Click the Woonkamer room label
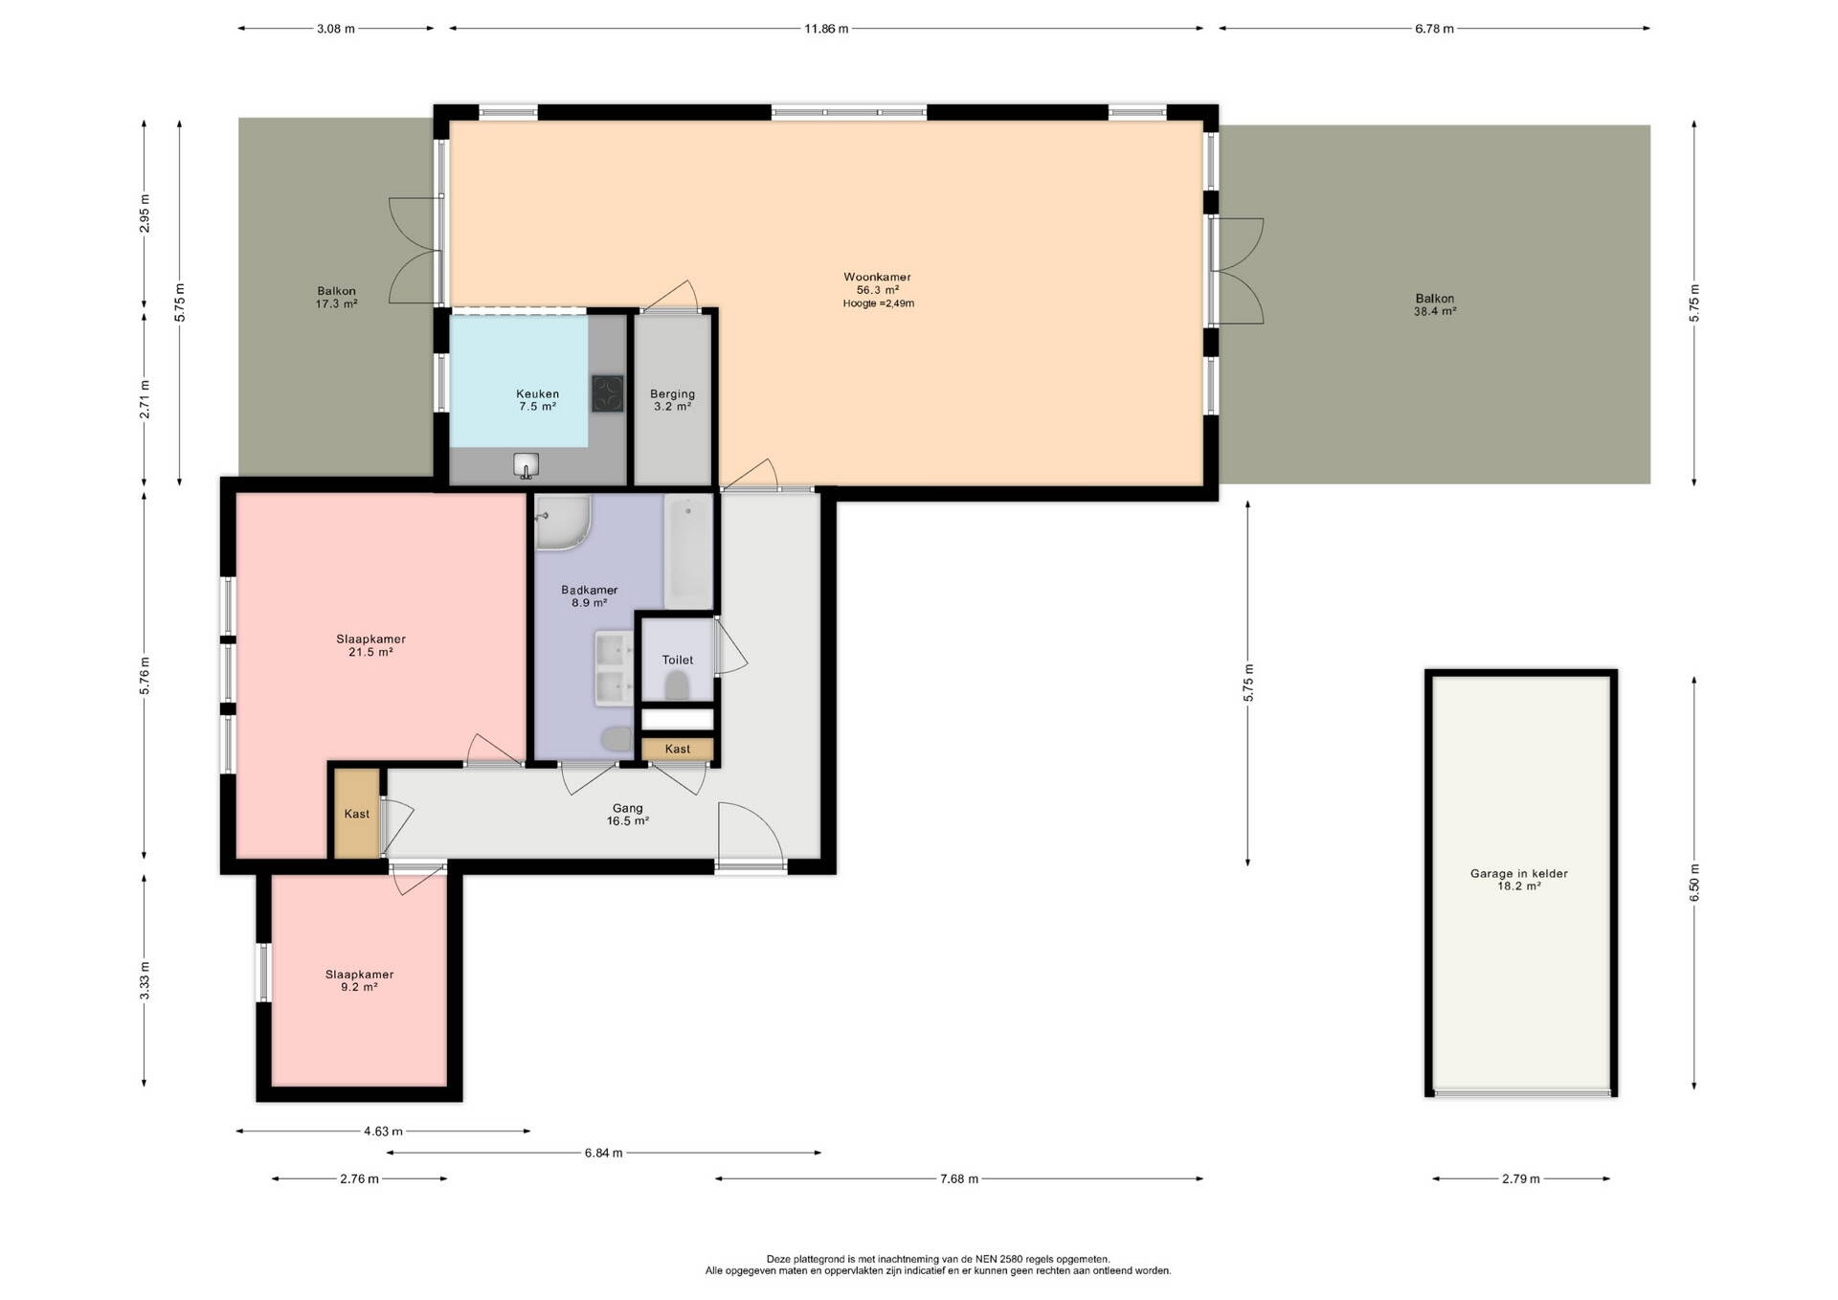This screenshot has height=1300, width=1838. pos(877,277)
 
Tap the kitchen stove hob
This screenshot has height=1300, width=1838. pos(607,393)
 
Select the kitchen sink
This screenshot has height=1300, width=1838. pos(526,465)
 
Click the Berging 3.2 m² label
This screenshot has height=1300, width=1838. pos(672,400)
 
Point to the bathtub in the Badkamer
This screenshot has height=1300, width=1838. pos(688,551)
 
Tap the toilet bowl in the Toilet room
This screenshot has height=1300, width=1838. pos(677,684)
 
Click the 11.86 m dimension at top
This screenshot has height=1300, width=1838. pos(825,29)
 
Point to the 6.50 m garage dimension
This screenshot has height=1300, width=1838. pos(1693,884)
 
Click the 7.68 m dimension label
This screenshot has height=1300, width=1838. pos(958,1178)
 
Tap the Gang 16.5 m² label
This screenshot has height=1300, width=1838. pos(628,815)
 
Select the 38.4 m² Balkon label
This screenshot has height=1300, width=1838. pos(1435,304)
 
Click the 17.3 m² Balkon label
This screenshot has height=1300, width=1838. pos(336,298)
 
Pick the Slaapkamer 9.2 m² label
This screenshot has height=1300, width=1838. pos(359,980)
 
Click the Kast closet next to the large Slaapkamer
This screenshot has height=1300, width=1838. pos(356,814)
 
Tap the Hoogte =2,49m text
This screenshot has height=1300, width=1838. pos(878,303)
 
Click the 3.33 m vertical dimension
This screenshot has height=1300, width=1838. pos(145,979)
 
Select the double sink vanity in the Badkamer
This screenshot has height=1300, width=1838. pos(613,668)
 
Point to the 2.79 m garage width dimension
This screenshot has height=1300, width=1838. pos(1520,1178)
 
